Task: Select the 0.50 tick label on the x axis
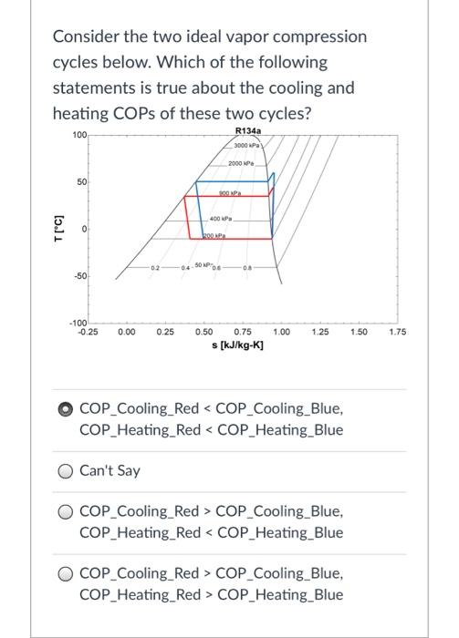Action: (x=205, y=358)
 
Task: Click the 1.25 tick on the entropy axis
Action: (x=320, y=358)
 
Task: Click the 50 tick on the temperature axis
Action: (x=81, y=183)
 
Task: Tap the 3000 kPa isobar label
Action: (x=247, y=146)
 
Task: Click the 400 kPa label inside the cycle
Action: (x=222, y=220)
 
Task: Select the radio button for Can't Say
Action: (x=67, y=471)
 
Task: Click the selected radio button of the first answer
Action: (x=67, y=409)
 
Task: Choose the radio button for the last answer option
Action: (x=67, y=574)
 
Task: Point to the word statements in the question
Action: (x=94, y=88)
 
